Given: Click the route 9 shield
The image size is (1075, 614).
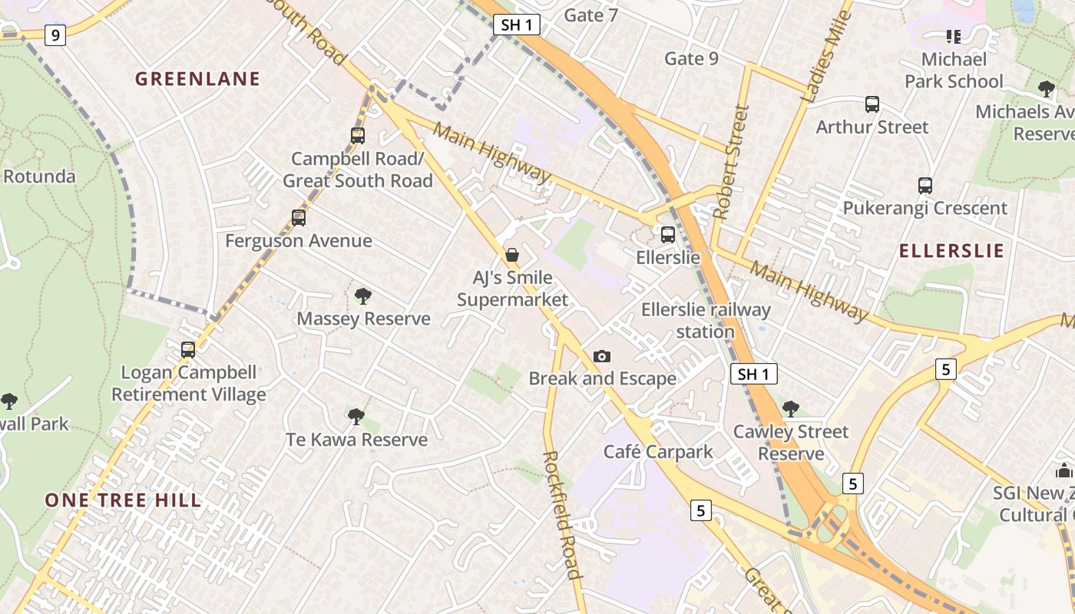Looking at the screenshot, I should (x=55, y=35).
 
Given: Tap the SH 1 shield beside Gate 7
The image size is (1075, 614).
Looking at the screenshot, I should (x=517, y=25).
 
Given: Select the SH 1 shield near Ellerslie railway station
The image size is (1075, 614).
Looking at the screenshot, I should (x=753, y=374).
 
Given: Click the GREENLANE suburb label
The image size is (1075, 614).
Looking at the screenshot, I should (x=198, y=79).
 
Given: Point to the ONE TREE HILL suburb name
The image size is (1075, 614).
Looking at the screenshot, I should (x=123, y=500).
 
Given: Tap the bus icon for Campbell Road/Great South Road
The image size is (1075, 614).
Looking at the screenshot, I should (x=357, y=136).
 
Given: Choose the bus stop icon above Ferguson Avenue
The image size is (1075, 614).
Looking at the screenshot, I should (x=299, y=218).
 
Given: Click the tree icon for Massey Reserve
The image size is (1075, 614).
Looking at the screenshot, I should (x=363, y=295).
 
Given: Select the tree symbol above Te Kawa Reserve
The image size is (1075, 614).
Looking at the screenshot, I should (x=356, y=417).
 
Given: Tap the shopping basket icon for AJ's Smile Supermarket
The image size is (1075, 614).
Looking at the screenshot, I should (x=512, y=254).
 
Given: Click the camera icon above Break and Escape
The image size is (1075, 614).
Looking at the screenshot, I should (x=602, y=356).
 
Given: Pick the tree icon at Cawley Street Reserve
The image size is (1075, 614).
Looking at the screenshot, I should (x=790, y=408).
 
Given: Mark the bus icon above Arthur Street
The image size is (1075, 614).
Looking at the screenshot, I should (x=872, y=104).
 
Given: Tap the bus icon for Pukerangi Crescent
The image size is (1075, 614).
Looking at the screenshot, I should (x=925, y=185).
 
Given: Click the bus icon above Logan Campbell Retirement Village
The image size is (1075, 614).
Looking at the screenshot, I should (x=188, y=350).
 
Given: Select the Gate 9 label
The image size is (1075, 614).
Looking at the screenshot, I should (x=691, y=58).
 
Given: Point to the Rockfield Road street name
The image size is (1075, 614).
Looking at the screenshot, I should (x=561, y=514).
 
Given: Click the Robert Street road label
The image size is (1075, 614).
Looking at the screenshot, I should (x=731, y=162).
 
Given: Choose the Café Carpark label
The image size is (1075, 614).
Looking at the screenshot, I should (x=658, y=451).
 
